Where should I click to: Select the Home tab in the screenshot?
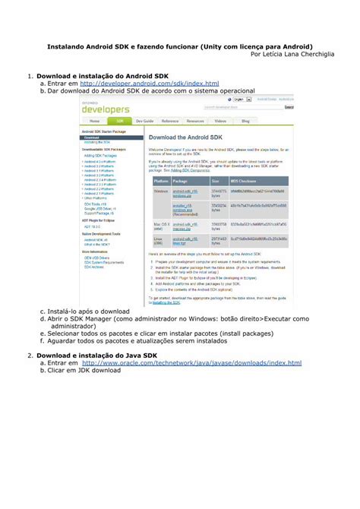(x=93, y=122)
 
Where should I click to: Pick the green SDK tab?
(x=120, y=122)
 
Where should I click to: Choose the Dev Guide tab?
(x=144, y=122)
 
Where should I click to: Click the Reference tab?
(x=170, y=122)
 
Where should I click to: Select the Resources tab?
(x=195, y=122)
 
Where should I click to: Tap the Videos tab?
(x=220, y=122)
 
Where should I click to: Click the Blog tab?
(x=245, y=122)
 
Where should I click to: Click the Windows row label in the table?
(x=161, y=191)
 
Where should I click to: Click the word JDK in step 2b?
(x=84, y=371)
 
